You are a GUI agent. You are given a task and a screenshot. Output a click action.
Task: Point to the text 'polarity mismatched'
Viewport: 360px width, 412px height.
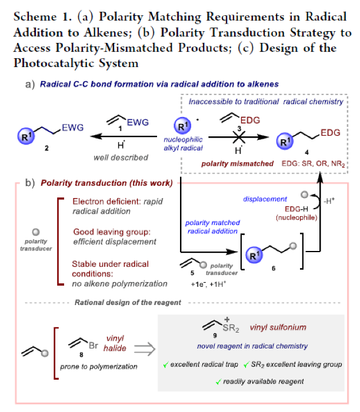(x=239, y=163)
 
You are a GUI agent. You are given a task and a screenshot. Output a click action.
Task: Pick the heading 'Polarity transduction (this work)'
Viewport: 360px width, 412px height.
(x=106, y=183)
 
